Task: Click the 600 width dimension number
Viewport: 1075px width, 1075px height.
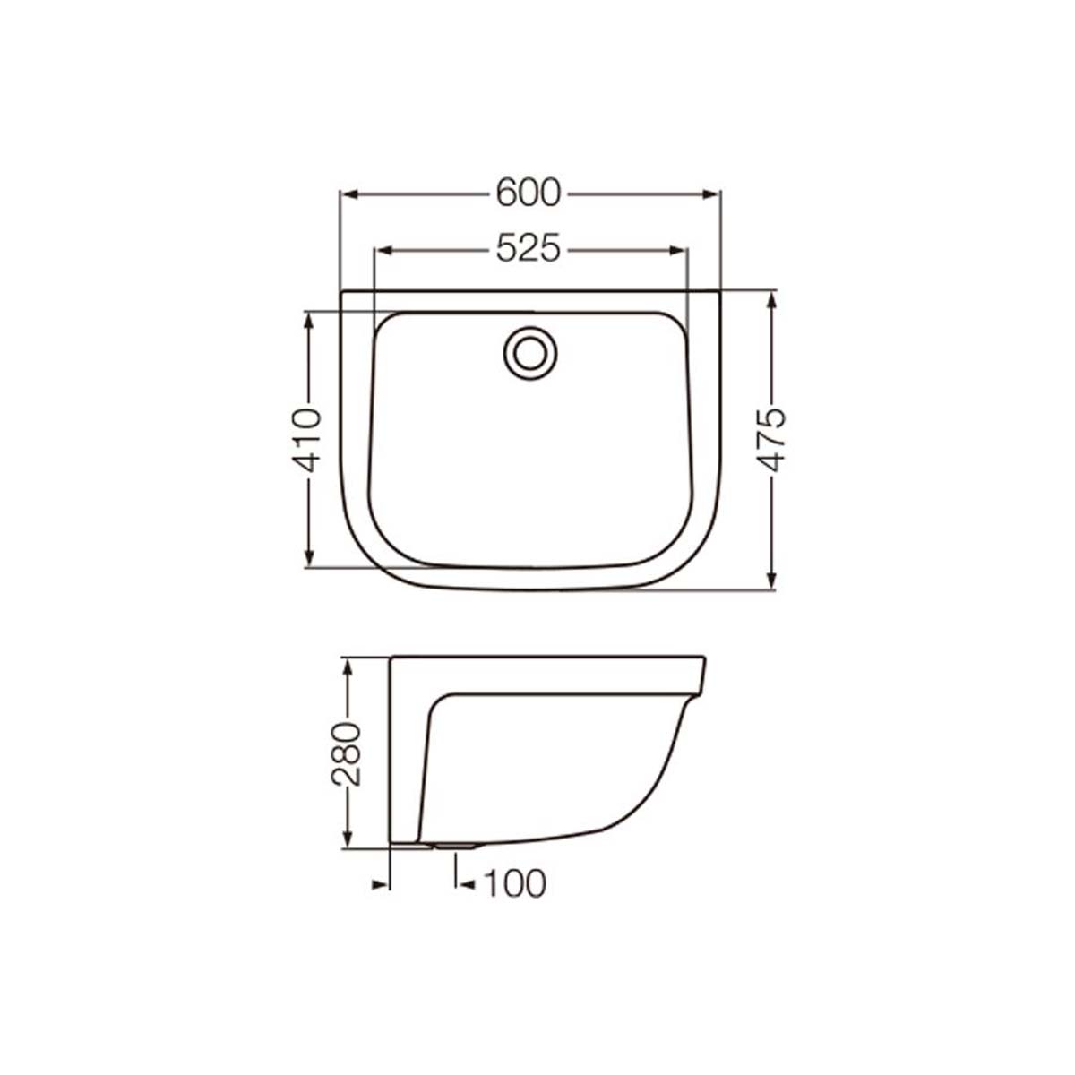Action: pos(527,193)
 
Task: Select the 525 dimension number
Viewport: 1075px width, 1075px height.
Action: pos(527,248)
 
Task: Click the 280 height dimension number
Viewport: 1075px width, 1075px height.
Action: pos(346,755)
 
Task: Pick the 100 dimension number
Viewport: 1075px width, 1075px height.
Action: pos(514,883)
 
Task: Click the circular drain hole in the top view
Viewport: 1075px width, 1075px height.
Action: pos(530,353)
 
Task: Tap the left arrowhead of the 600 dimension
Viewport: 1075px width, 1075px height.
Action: pos(349,194)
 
